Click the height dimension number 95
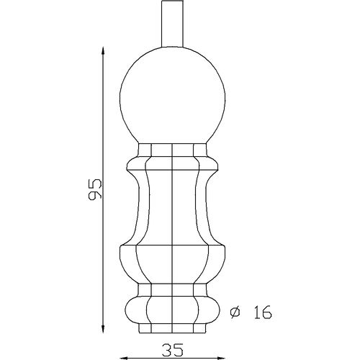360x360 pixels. tap(95, 189)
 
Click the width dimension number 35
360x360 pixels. tap(173, 350)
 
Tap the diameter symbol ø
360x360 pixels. tap(235, 312)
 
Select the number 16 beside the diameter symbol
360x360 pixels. tap(263, 312)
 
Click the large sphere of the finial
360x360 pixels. tap(173, 96)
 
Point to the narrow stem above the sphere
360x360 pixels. tap(173, 24)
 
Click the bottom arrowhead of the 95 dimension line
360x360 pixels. tap(103, 328)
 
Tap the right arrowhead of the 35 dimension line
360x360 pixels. tap(221, 359)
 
